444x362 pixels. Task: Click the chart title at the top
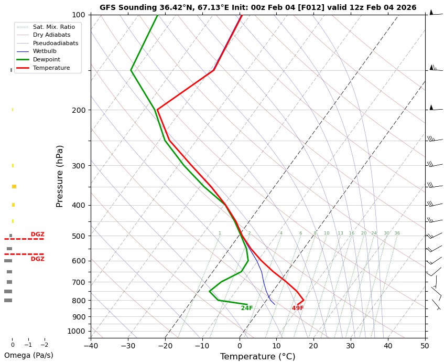(x=258, y=7)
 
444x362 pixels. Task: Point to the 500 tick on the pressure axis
(x=79, y=236)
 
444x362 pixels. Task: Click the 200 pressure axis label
(x=79, y=110)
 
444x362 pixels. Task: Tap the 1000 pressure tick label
(x=77, y=331)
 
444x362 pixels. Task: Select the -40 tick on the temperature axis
(x=91, y=345)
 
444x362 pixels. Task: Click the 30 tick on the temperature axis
(x=351, y=345)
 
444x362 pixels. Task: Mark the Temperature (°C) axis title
(x=257, y=357)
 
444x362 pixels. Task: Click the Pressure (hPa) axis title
(x=60, y=176)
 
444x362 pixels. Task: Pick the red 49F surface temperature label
(x=298, y=308)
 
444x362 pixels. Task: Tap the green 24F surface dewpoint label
(x=247, y=308)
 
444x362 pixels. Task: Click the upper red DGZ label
(x=37, y=234)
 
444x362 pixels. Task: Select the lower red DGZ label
(x=37, y=259)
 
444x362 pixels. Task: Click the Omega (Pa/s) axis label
(x=29, y=355)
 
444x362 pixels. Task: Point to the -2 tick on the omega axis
(x=45, y=345)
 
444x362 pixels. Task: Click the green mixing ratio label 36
(x=397, y=233)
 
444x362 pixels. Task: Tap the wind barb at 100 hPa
(x=431, y=13)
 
